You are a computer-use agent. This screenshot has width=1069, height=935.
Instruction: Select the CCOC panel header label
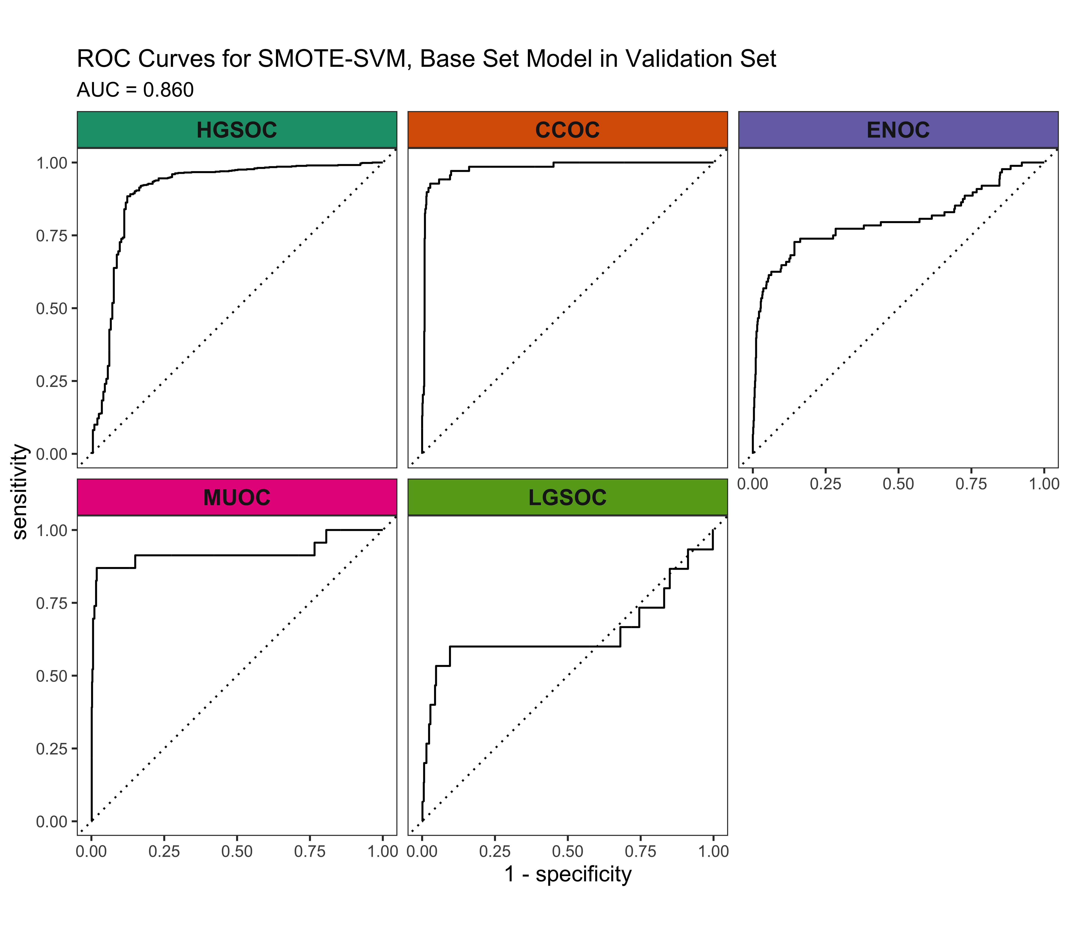[x=567, y=130]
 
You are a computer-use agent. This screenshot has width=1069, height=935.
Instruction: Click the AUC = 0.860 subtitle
[x=135, y=90]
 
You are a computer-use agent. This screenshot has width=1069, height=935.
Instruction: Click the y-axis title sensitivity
[x=20, y=492]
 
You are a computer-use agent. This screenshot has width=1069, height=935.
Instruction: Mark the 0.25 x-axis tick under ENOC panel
[x=825, y=484]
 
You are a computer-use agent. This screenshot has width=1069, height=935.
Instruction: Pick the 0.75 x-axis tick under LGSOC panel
[x=641, y=852]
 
